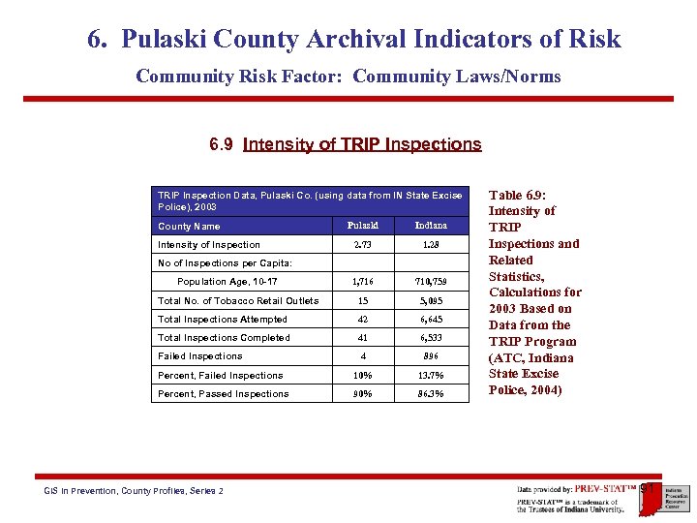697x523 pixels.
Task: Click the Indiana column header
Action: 431,226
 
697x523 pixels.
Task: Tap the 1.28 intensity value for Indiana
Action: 431,245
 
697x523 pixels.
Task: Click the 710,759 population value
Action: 431,282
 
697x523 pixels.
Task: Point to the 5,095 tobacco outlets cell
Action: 431,300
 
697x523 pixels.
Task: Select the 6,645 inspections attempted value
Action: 431,319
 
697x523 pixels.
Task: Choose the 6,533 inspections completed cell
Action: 431,338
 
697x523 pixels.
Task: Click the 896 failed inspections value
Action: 431,356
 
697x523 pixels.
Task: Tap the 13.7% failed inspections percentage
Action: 431,376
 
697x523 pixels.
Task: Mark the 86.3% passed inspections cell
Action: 431,394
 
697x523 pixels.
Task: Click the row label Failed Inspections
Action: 200,356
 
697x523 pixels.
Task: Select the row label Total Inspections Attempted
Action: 223,319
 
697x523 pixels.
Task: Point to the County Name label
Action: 189,227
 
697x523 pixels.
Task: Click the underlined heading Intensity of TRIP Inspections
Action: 362,144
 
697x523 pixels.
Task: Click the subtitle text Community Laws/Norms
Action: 457,77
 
